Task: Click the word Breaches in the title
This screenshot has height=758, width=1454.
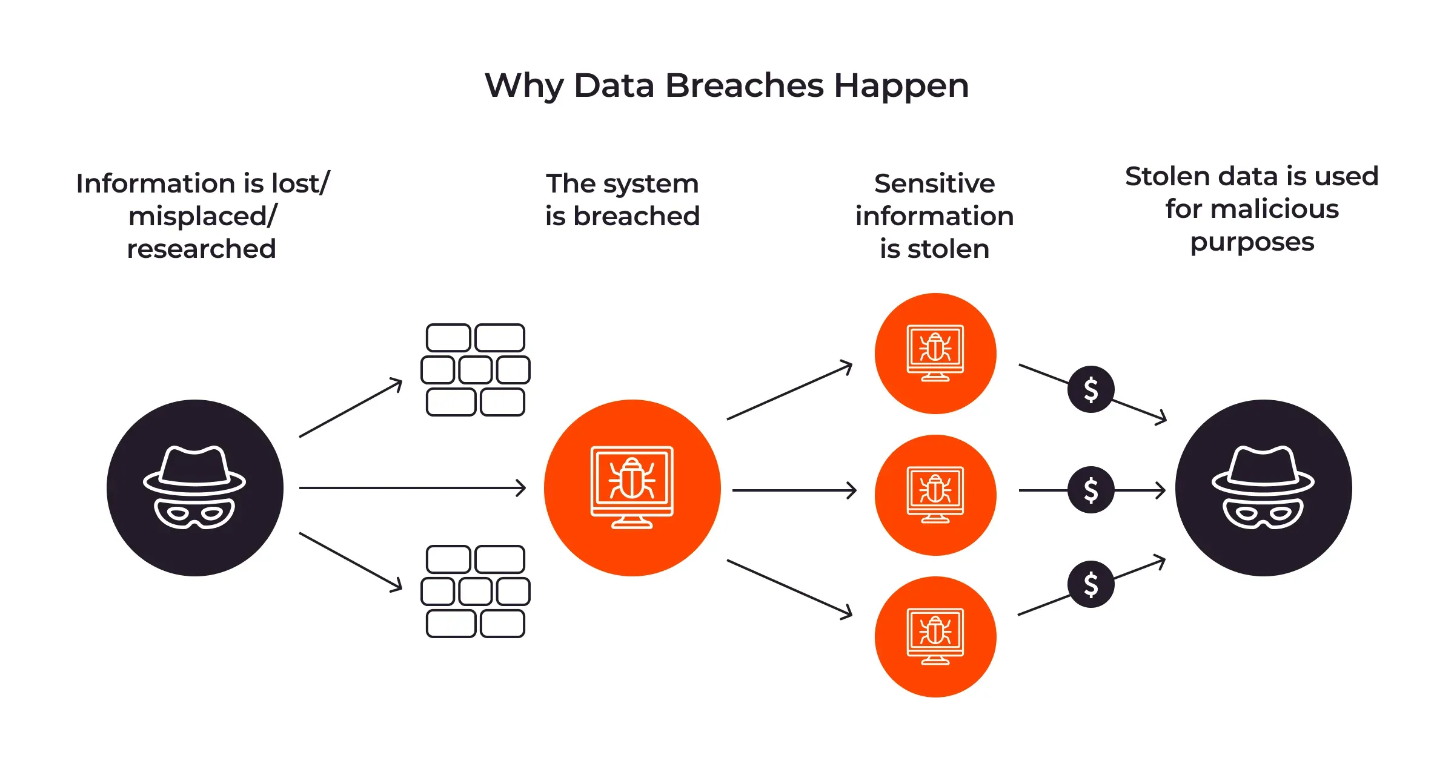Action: point(745,85)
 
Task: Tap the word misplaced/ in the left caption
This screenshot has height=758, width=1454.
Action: point(202,216)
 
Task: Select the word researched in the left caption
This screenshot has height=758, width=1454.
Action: point(201,249)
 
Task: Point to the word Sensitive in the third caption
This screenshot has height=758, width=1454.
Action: point(934,183)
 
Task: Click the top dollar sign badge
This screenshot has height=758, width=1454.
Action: point(1090,389)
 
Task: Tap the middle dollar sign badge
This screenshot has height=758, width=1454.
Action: point(1090,490)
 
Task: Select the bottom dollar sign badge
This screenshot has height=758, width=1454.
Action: point(1090,584)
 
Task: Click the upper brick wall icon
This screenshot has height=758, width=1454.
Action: point(476,370)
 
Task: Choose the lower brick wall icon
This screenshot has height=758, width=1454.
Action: point(476,592)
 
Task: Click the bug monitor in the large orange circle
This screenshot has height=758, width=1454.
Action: point(632,487)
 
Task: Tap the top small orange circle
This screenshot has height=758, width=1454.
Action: point(935,354)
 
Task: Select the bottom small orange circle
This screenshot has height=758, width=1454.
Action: point(935,637)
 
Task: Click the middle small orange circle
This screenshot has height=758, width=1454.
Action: point(935,495)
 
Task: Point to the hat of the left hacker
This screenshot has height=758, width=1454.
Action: point(194,470)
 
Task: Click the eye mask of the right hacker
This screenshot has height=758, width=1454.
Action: point(1263,513)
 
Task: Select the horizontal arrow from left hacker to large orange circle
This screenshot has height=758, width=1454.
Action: point(412,487)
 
